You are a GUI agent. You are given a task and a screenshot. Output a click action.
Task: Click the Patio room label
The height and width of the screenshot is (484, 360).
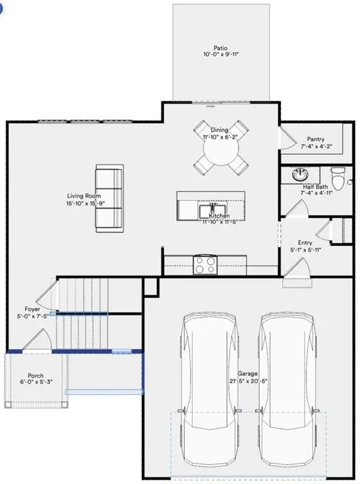(220, 47)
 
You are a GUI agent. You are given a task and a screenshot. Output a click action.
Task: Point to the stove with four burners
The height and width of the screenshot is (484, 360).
(206, 263)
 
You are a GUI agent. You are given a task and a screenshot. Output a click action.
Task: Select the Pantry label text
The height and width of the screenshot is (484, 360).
(315, 139)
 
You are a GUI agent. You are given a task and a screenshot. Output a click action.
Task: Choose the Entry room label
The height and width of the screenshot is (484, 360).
(305, 242)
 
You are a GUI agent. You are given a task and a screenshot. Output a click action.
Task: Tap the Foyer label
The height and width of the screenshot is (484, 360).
(32, 309)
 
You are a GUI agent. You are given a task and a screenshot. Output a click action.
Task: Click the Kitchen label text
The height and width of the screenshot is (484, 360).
(219, 216)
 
